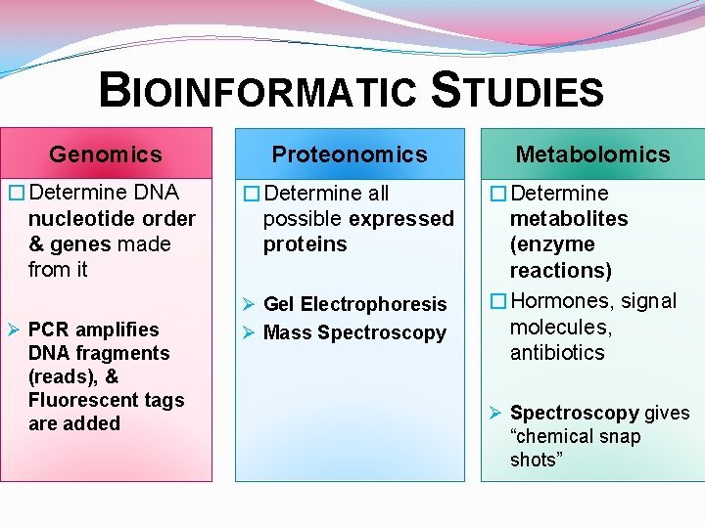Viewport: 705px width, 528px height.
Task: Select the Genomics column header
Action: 106,154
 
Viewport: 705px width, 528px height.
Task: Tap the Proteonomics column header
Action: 350,154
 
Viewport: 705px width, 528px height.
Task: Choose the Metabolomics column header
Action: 592,154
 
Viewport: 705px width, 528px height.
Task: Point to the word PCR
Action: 48,330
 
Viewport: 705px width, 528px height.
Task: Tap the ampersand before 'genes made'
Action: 36,244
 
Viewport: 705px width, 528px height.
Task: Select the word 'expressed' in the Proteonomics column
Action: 401,219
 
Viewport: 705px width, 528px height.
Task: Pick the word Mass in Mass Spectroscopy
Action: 287,333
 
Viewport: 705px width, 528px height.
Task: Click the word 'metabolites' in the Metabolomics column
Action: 569,219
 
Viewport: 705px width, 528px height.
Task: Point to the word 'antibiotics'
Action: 557,352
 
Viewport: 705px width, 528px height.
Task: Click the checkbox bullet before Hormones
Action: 497,301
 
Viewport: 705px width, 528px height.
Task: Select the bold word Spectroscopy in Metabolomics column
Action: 574,413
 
